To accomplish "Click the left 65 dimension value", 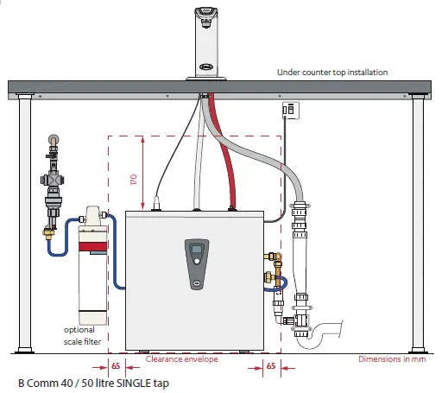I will tap(116, 366).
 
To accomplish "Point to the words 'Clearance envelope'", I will tap(182, 358).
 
